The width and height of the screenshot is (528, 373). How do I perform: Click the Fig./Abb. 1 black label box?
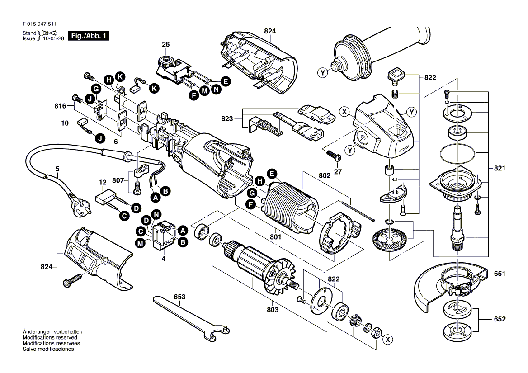click(x=89, y=36)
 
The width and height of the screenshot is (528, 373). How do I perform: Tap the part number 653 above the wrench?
click(x=179, y=297)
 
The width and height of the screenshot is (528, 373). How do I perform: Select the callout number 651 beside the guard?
click(x=500, y=274)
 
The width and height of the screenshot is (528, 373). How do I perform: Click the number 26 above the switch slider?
click(x=165, y=44)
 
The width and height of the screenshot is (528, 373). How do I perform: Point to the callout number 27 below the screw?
click(x=338, y=172)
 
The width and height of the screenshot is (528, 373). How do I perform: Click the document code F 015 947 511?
click(x=39, y=24)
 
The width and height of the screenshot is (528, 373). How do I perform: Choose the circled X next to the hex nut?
click(x=388, y=340)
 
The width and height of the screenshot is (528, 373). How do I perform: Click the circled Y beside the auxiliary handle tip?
click(x=323, y=72)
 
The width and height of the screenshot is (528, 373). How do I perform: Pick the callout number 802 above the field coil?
click(x=325, y=175)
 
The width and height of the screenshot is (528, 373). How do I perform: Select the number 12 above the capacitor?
click(x=103, y=182)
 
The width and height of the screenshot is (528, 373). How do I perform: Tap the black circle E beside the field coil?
click(x=272, y=174)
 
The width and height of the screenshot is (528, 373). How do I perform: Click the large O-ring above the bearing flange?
click(x=457, y=153)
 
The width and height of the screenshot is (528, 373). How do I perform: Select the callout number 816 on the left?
click(x=60, y=106)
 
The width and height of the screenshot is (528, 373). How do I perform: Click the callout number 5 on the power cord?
click(x=57, y=169)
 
